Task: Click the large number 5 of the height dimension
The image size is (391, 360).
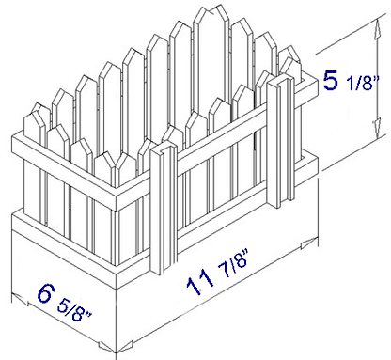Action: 331,81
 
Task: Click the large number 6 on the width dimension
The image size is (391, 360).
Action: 45,293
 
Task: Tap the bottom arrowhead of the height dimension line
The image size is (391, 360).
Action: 378,129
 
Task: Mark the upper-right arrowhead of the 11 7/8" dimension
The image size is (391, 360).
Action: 309,243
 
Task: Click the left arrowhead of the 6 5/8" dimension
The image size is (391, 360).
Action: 20,299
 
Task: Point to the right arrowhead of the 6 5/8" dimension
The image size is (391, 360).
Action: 106,347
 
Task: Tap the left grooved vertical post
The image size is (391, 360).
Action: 164,208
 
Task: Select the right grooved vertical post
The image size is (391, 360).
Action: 280,141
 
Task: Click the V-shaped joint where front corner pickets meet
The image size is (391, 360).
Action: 116,164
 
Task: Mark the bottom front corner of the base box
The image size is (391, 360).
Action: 117,353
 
